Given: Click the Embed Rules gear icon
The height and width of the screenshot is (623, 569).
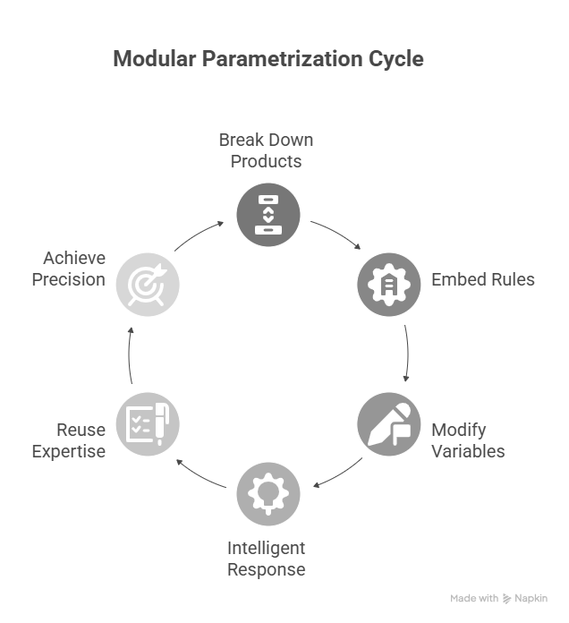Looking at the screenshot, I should point(389,284).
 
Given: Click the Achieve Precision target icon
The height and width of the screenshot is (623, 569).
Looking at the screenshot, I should point(148,284).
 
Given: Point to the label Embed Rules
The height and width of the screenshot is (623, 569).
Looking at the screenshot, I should point(483,279).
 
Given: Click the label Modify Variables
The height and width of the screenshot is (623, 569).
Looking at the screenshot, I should point(468,440).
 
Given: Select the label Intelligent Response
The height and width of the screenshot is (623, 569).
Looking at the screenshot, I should point(266,559).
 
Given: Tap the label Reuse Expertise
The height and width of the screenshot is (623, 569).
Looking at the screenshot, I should point(69,440).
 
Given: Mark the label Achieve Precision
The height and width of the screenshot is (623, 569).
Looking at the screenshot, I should point(69,269).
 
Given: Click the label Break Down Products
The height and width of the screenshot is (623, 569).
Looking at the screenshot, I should point(266,151).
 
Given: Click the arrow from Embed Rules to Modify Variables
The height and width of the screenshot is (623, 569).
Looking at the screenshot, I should point(407,353).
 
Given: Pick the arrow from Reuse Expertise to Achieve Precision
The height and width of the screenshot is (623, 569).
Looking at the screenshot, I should point(130,353).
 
